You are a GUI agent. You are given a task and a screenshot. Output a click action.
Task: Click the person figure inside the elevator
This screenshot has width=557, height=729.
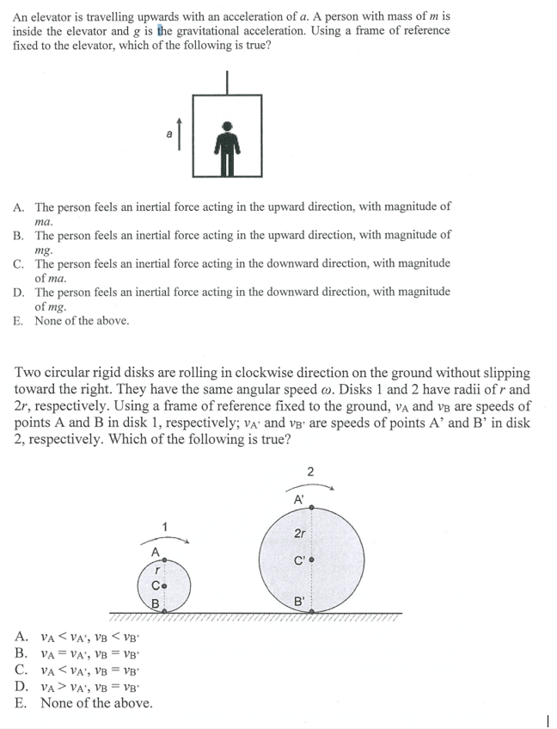click(x=227, y=148)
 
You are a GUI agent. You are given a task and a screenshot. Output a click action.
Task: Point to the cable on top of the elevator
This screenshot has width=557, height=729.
click(x=227, y=80)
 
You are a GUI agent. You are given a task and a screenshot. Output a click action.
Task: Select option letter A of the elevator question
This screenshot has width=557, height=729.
click(x=18, y=207)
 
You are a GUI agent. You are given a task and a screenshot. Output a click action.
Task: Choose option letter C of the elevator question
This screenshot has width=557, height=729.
click(x=18, y=263)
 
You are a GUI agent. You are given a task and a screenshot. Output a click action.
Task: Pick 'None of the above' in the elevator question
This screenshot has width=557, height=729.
click(x=82, y=320)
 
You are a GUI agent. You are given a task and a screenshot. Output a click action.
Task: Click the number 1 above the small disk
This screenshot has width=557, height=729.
click(x=164, y=525)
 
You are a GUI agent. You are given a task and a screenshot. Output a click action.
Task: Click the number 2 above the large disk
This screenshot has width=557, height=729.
click(x=309, y=470)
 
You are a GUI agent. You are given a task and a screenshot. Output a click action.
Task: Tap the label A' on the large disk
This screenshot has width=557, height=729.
click(x=298, y=499)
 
